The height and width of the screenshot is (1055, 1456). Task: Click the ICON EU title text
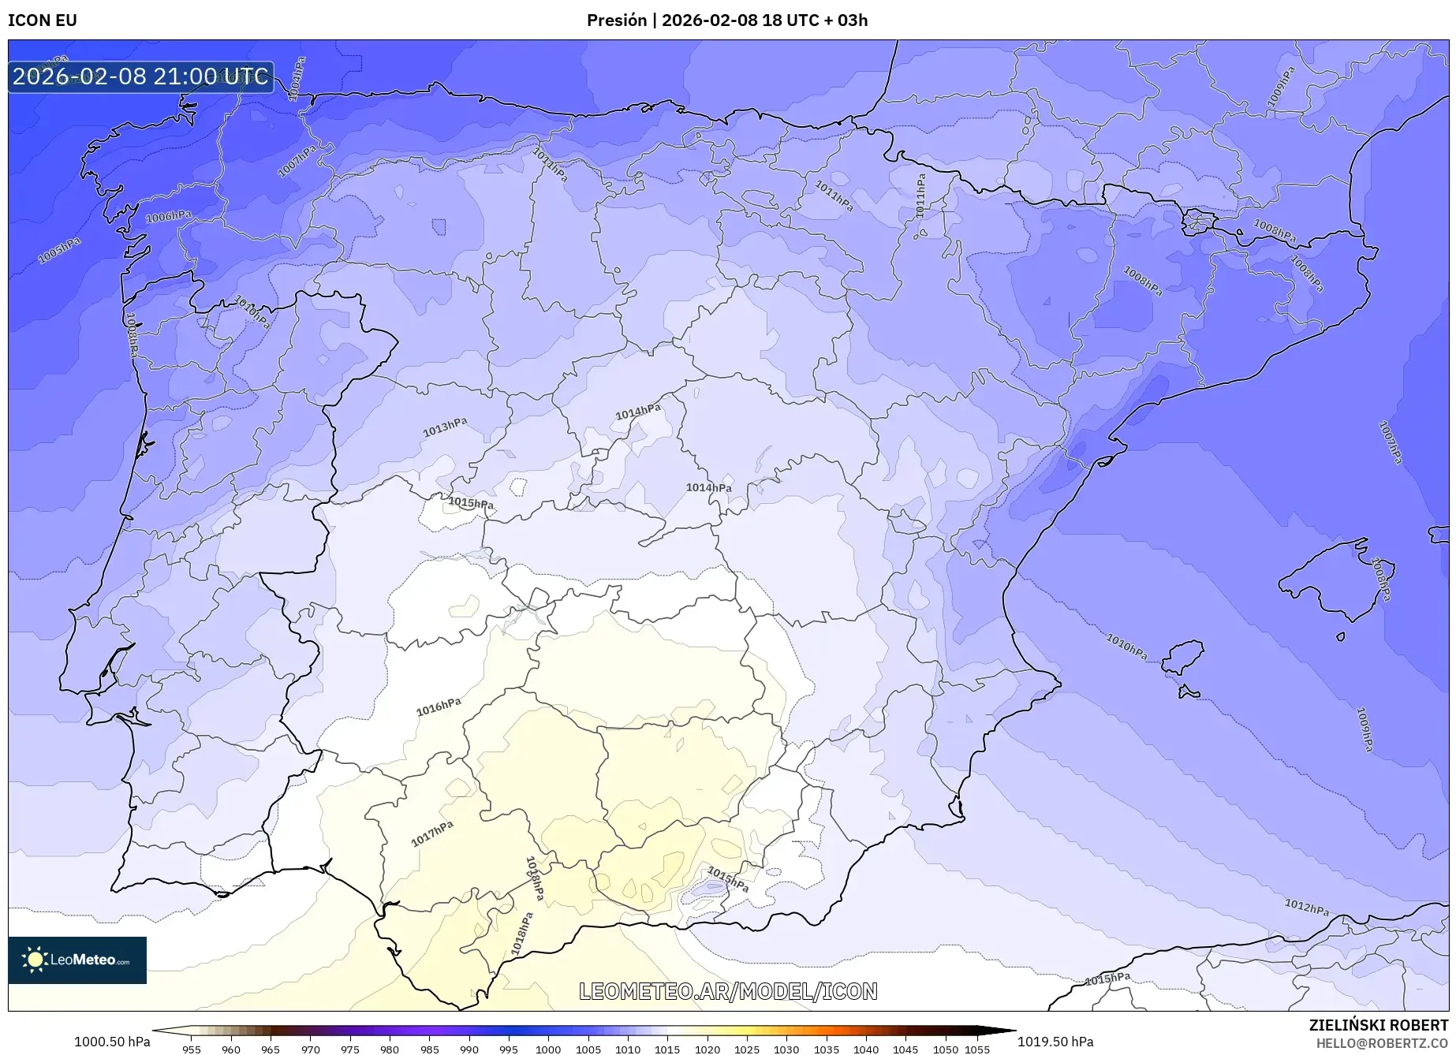43,21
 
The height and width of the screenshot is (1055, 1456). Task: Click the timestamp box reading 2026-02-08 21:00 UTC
140,76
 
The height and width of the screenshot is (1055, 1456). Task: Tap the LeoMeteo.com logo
77,960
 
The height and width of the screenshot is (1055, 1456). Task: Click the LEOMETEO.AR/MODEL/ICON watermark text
727,991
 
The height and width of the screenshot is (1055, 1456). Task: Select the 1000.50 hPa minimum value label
112,1042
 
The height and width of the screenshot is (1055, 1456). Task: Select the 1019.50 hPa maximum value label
1055,1042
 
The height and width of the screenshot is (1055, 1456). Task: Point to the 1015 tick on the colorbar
667,1049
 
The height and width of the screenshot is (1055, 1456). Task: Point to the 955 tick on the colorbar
191,1049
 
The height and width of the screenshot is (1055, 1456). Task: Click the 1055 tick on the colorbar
976,1049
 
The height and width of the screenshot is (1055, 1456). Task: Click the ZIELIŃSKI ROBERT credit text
1378,1025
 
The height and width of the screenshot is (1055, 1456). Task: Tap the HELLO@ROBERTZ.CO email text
1382,1043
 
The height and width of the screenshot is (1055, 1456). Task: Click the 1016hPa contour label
439,706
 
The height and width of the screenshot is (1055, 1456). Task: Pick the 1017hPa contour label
432,833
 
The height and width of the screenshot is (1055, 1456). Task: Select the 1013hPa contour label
445,427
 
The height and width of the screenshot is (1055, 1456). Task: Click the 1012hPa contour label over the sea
1306,908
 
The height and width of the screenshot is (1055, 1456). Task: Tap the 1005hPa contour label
59,251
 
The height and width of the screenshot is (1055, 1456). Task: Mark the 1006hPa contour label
168,217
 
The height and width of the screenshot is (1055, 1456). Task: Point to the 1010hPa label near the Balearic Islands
1126,647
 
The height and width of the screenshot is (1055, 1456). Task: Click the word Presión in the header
616,21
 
